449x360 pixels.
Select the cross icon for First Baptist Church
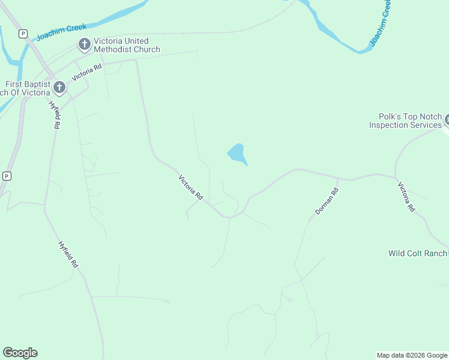click(x=59, y=88)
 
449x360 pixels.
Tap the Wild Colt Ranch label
click(x=418, y=253)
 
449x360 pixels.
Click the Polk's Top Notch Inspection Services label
click(x=405, y=121)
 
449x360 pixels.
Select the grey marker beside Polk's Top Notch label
click(x=447, y=121)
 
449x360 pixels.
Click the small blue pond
click(x=238, y=154)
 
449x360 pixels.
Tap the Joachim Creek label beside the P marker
click(x=61, y=31)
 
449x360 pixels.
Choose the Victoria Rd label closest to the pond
click(x=191, y=187)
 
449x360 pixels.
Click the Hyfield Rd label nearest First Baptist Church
click(x=55, y=115)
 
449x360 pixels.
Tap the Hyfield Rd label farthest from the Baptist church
click(x=68, y=254)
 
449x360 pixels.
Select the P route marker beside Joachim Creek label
click(x=23, y=34)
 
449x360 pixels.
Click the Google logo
click(x=20, y=353)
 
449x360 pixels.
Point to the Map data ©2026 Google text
click(x=412, y=355)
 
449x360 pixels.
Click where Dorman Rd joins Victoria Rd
click(x=338, y=178)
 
